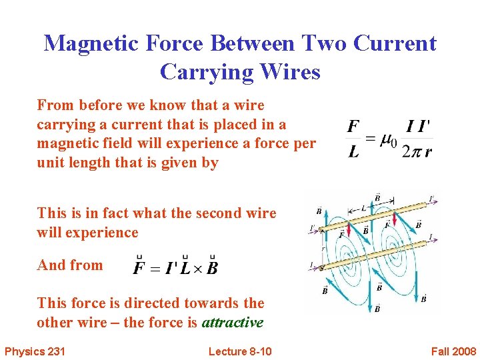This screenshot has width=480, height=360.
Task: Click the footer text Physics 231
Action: pos(35,351)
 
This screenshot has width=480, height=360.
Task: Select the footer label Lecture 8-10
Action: pos(240,351)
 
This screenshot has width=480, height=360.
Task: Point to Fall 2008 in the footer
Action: pos(453,351)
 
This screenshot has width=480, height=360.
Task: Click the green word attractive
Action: pos(233,323)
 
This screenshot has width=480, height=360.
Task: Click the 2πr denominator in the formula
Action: pos(417,151)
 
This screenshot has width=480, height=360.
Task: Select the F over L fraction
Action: pos(354,139)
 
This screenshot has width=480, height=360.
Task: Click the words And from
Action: pos(70,265)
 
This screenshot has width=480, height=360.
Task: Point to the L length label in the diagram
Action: pos(363,209)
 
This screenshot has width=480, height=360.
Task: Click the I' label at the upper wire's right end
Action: pos(431,198)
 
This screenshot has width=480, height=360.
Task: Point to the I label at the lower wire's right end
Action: pos(431,237)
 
